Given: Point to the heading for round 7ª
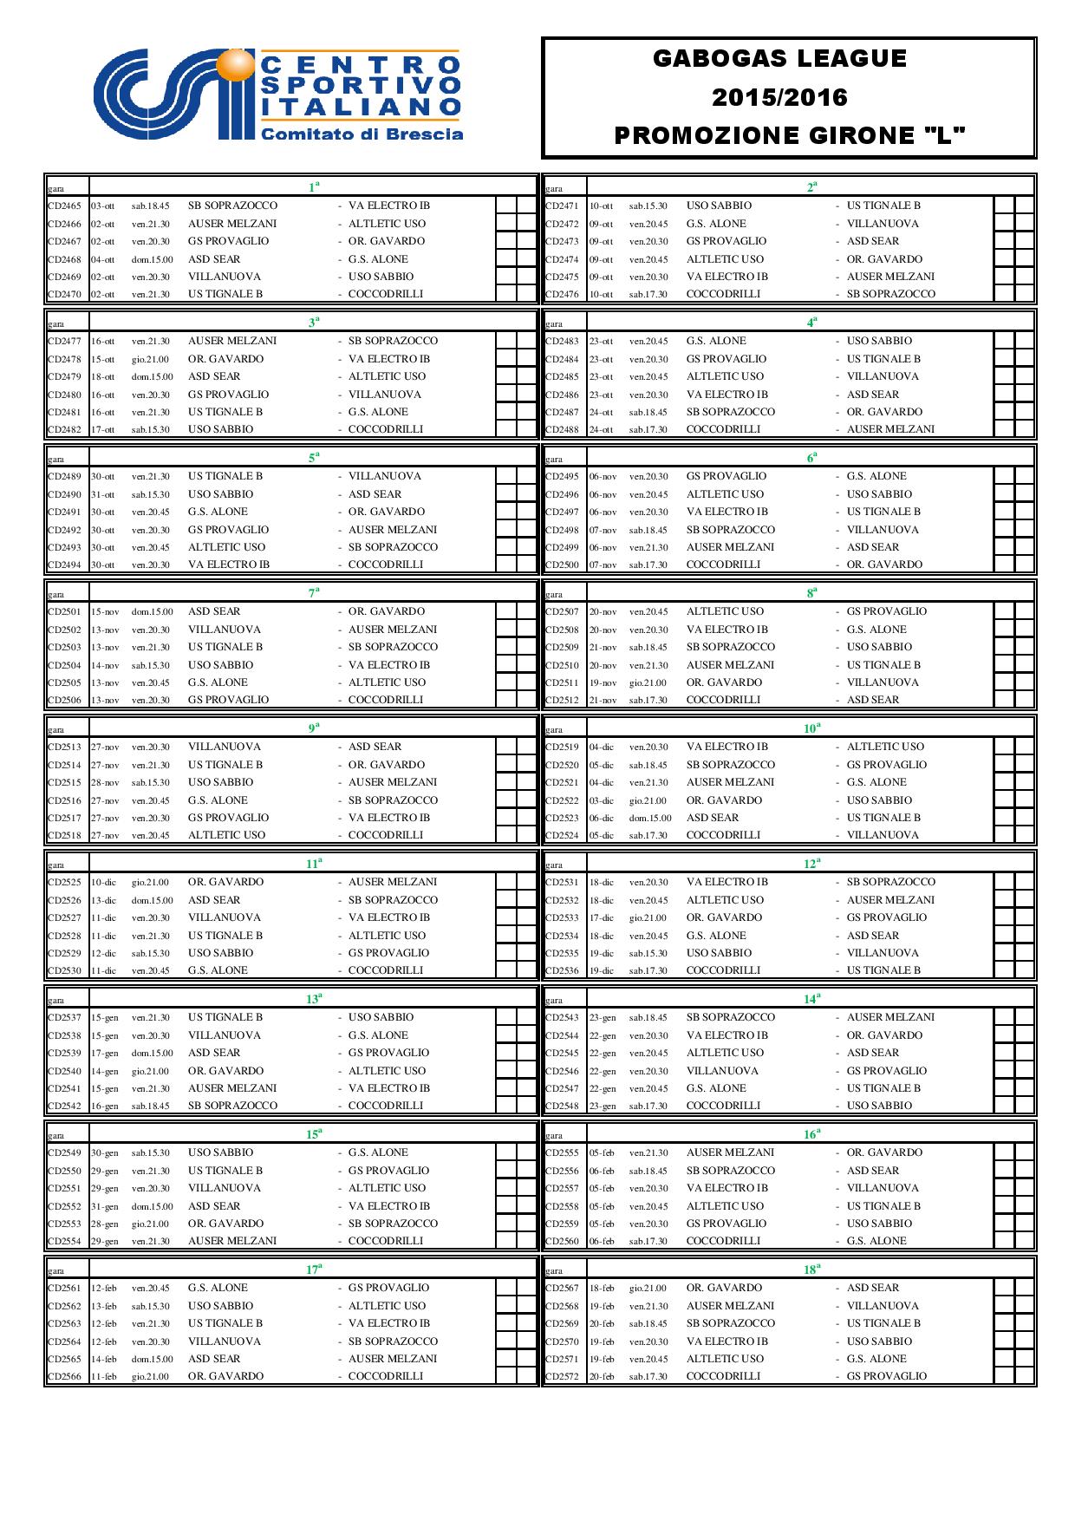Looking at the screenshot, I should (x=314, y=593).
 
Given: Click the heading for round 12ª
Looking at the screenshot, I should (x=811, y=864).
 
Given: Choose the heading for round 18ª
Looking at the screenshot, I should (x=811, y=1270).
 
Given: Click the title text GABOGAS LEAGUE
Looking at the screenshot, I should (x=779, y=59).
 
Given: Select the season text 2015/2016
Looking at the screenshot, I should (x=779, y=97).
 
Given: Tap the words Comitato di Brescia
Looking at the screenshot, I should (x=362, y=134).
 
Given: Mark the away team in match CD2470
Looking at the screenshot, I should (x=386, y=295).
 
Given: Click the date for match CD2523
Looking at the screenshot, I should (x=602, y=819).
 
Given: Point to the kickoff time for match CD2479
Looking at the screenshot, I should (x=153, y=377).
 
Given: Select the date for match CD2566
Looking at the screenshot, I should (x=104, y=1377).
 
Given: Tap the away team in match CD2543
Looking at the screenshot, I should (x=890, y=1018).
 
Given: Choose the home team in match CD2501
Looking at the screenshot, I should (x=214, y=612).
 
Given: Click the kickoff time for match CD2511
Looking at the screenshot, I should (x=648, y=683).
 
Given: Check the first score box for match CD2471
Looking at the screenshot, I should (x=1004, y=206).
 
